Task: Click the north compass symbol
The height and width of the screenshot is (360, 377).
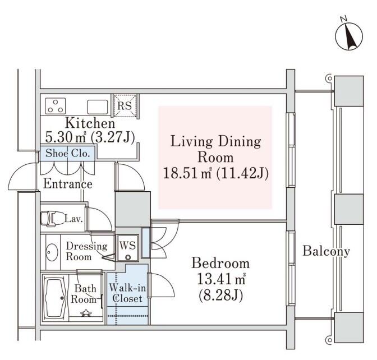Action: (x=349, y=35)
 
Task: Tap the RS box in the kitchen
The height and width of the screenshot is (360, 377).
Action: (x=125, y=106)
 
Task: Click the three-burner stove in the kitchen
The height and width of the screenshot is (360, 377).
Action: (x=56, y=106)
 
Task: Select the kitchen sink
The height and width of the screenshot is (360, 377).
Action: (x=97, y=107)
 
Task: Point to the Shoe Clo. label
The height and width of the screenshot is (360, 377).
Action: (x=67, y=153)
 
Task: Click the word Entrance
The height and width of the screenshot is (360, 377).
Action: (x=68, y=184)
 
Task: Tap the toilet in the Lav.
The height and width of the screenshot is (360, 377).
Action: (x=49, y=219)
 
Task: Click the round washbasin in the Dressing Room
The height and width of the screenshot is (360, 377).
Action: (x=52, y=252)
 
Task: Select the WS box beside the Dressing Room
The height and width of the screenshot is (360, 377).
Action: (x=128, y=248)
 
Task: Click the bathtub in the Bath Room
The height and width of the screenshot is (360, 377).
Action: (x=56, y=298)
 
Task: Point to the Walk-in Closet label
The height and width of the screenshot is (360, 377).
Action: (x=127, y=293)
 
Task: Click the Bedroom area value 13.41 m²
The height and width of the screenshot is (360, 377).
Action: (x=221, y=279)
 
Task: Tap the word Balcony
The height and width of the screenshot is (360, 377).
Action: (x=326, y=251)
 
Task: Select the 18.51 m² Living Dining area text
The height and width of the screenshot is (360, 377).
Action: (x=187, y=173)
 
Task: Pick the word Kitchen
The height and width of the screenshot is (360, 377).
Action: (x=90, y=123)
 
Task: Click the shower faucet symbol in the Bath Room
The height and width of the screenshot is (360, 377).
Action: (x=86, y=313)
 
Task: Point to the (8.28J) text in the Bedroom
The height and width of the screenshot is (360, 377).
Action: (x=221, y=296)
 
